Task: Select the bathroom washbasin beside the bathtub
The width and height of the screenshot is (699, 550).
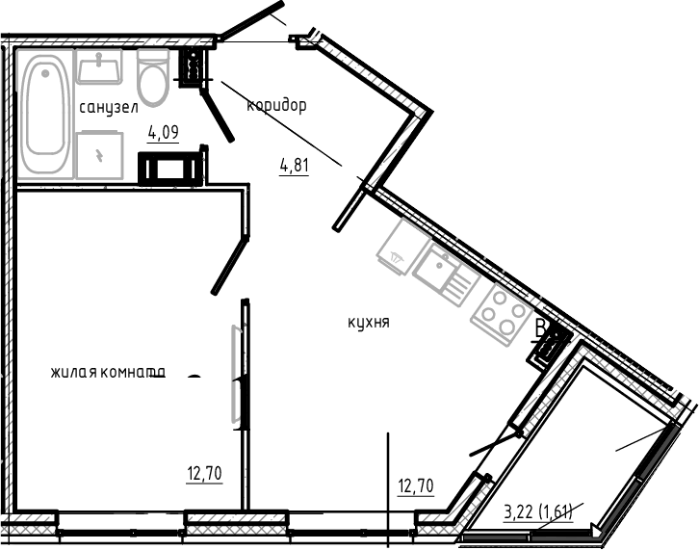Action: pos(100,68)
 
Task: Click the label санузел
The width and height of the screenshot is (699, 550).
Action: pos(108,108)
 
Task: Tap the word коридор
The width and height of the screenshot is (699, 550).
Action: pos(276,106)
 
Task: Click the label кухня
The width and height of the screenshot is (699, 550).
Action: pos(368,324)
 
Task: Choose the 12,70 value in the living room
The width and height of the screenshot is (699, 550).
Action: pos(204,473)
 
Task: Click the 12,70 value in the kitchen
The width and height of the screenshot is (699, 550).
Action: pos(416,486)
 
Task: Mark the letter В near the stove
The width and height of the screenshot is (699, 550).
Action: pos(541,329)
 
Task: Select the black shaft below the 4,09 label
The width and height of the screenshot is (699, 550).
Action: pos(172,170)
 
